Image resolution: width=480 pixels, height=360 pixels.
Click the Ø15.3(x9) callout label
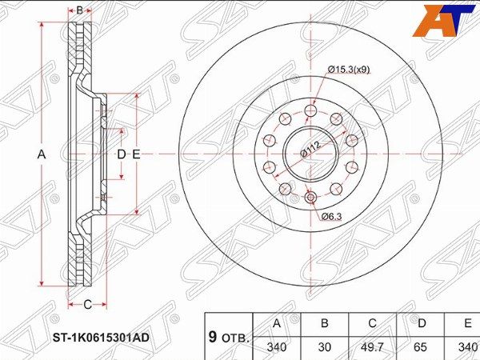349,70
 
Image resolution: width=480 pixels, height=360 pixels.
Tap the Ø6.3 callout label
331,217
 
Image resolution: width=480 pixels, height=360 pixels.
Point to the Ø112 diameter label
310,150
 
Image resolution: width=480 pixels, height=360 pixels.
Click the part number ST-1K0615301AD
101,338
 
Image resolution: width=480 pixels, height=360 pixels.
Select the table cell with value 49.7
373,347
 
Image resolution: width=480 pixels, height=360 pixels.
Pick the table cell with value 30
325,347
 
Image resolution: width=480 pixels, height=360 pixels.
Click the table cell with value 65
420,347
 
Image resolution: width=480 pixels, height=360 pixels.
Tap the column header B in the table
325,323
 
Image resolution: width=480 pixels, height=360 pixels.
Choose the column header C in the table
373,323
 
